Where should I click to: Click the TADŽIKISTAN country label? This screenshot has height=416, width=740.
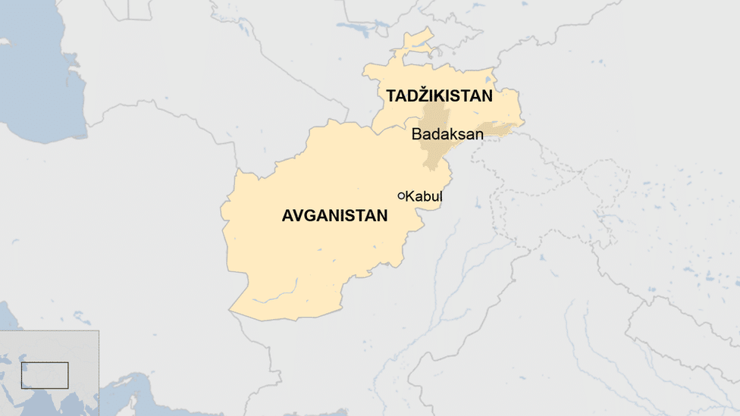pos(439,96)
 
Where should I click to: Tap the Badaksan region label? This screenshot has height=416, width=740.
pos(447,135)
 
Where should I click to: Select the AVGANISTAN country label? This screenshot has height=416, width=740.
pos(334,216)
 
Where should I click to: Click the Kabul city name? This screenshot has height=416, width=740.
pos(424,197)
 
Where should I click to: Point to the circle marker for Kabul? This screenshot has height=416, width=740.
pos(401,196)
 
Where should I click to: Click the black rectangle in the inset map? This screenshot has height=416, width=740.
pos(45,375)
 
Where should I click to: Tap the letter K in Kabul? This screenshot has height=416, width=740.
pos(410,197)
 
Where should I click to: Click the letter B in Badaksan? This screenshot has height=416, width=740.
pos(416,135)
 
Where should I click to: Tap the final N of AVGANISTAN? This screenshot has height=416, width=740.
pos(382,216)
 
